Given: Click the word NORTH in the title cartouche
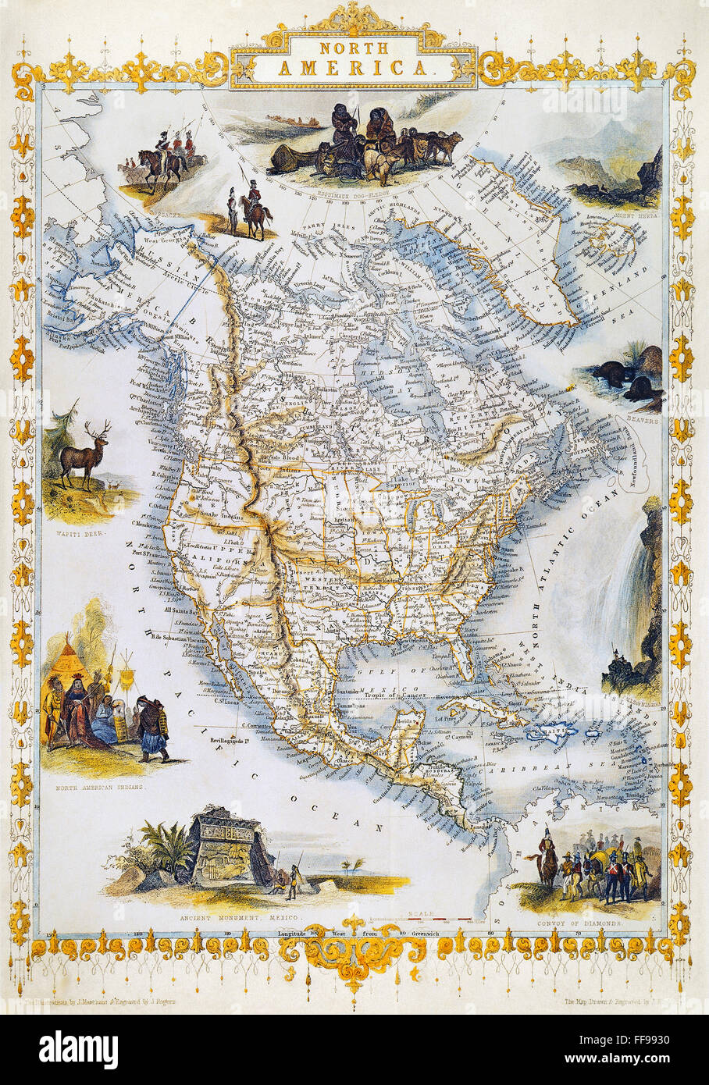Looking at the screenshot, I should tap(353, 50).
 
